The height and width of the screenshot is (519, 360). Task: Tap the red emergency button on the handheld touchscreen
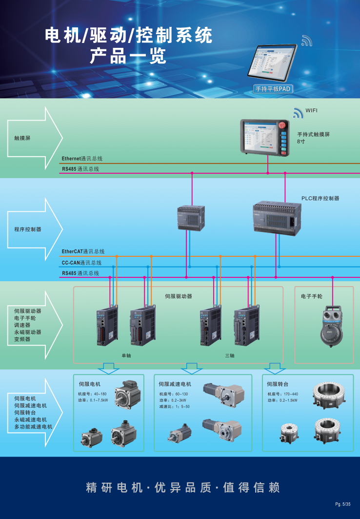(x=282, y=126)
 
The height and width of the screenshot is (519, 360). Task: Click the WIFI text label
(x=311, y=111)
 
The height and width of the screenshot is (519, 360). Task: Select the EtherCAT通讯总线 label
(x=83, y=251)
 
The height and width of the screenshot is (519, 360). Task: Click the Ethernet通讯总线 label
(x=82, y=159)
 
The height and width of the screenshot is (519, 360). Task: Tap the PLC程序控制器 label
(x=320, y=198)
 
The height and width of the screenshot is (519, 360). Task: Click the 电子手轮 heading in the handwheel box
(x=312, y=296)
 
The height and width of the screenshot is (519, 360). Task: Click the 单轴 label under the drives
(x=126, y=355)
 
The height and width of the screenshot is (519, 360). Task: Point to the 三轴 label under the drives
(x=230, y=355)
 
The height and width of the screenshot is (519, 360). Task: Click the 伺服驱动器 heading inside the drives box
(x=179, y=296)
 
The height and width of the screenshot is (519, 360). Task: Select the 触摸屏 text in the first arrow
(x=22, y=138)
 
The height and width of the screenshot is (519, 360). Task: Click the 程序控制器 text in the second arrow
(x=28, y=229)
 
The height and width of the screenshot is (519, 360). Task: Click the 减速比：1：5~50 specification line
(x=174, y=407)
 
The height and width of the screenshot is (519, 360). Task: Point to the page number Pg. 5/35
(x=342, y=504)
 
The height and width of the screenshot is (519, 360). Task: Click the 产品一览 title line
(x=128, y=57)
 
